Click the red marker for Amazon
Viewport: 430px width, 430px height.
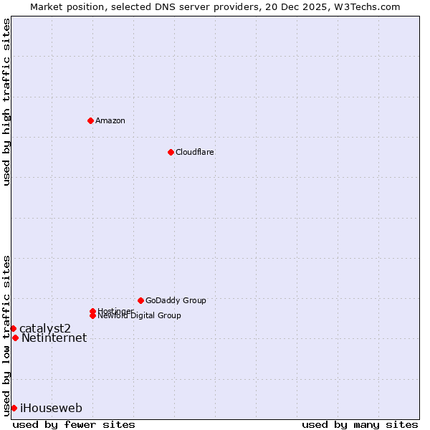click(x=90, y=120)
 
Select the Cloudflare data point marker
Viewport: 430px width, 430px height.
click(x=171, y=152)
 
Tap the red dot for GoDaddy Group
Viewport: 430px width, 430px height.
click(x=140, y=300)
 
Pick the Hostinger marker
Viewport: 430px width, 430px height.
click(x=92, y=311)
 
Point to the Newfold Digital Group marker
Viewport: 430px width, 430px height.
click(x=92, y=315)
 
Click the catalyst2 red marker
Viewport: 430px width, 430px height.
click(x=13, y=328)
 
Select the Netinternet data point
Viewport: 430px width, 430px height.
click(x=15, y=338)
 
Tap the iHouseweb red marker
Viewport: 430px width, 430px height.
click(x=14, y=408)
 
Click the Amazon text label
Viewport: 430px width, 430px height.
click(x=110, y=120)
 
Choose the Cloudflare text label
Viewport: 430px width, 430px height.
click(x=194, y=152)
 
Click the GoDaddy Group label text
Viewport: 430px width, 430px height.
click(x=176, y=300)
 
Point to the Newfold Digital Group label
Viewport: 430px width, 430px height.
click(x=139, y=316)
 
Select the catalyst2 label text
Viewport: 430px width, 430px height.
click(x=45, y=328)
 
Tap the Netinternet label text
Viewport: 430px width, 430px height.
click(x=54, y=338)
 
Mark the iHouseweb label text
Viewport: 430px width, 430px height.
click(x=51, y=408)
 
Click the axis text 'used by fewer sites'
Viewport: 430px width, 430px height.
click(x=74, y=425)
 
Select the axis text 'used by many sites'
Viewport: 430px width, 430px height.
click(x=360, y=425)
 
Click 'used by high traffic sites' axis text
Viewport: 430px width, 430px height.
click(x=6, y=102)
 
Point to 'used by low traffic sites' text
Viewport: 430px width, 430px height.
click(x=6, y=335)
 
